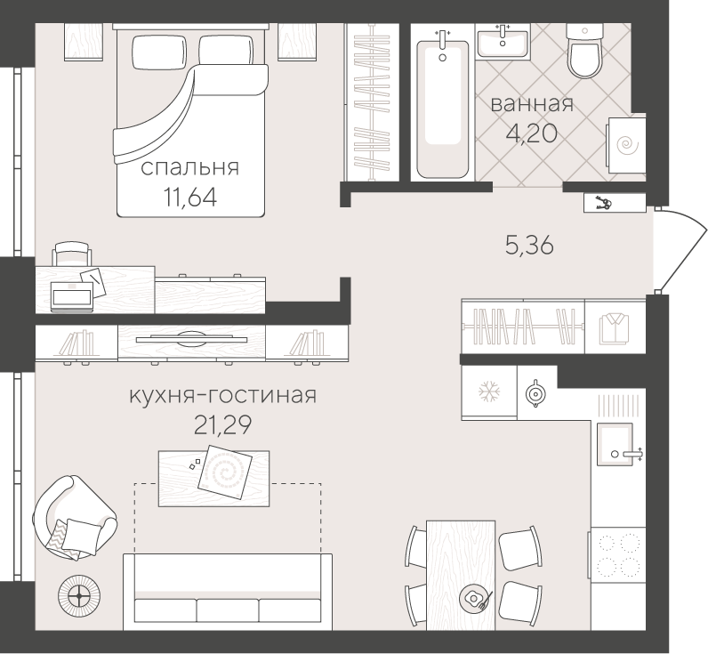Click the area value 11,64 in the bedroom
[190, 195]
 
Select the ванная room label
[532, 103]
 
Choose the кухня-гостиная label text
[221, 394]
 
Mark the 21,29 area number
[221, 424]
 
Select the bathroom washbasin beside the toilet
[503, 40]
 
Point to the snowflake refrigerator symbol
[487, 392]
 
